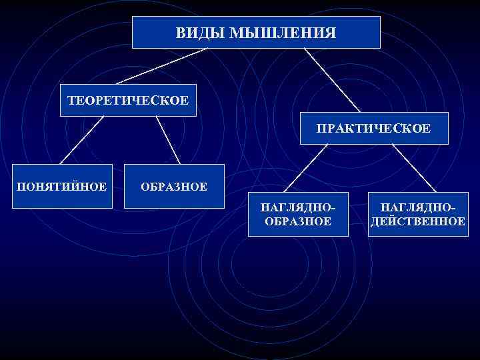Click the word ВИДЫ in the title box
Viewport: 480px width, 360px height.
[199, 32]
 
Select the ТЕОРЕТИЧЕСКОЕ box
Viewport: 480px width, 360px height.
[128, 100]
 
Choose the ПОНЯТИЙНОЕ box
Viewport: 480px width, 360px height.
[61, 185]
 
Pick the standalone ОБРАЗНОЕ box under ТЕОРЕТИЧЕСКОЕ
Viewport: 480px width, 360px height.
[173, 186]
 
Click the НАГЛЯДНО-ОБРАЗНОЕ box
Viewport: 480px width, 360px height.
[298, 214]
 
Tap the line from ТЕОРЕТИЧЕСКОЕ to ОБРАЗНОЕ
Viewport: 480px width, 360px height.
[168, 140]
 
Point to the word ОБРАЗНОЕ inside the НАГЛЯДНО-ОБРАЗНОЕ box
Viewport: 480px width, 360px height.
[298, 221]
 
